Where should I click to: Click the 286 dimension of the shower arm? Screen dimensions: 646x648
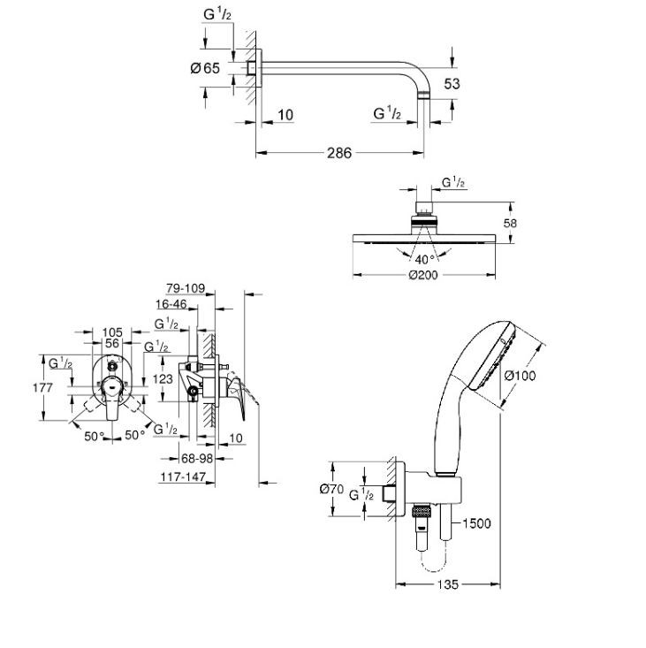pyautogui.click(x=339, y=153)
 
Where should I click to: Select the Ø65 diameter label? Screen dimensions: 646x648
pyautogui.click(x=205, y=68)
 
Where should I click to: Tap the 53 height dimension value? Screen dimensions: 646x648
pyautogui.click(x=452, y=84)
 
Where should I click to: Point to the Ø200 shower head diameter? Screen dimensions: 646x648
pyautogui.click(x=423, y=275)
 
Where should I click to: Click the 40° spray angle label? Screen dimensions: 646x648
pyautogui.click(x=424, y=260)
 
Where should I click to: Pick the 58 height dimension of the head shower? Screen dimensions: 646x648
pyautogui.click(x=510, y=223)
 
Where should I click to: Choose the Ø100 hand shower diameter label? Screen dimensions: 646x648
pyautogui.click(x=520, y=375)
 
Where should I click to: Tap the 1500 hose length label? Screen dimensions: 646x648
pyautogui.click(x=476, y=523)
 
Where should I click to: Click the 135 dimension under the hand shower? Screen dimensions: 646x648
pyautogui.click(x=448, y=584)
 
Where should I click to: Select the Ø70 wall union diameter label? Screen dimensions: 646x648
pyautogui.click(x=331, y=489)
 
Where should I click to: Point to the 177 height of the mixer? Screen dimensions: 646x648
pyautogui.click(x=43, y=387)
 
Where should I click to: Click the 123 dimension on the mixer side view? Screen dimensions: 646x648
pyautogui.click(x=163, y=378)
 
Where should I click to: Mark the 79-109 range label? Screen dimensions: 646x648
pyautogui.click(x=186, y=288)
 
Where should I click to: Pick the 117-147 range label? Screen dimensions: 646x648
pyautogui.click(x=183, y=476)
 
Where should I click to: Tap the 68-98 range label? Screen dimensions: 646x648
pyautogui.click(x=197, y=458)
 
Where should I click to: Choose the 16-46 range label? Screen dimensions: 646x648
pyautogui.click(x=171, y=304)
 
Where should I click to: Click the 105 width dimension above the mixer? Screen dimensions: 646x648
pyautogui.click(x=112, y=332)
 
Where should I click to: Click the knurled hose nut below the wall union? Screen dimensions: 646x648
pyautogui.click(x=422, y=512)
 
